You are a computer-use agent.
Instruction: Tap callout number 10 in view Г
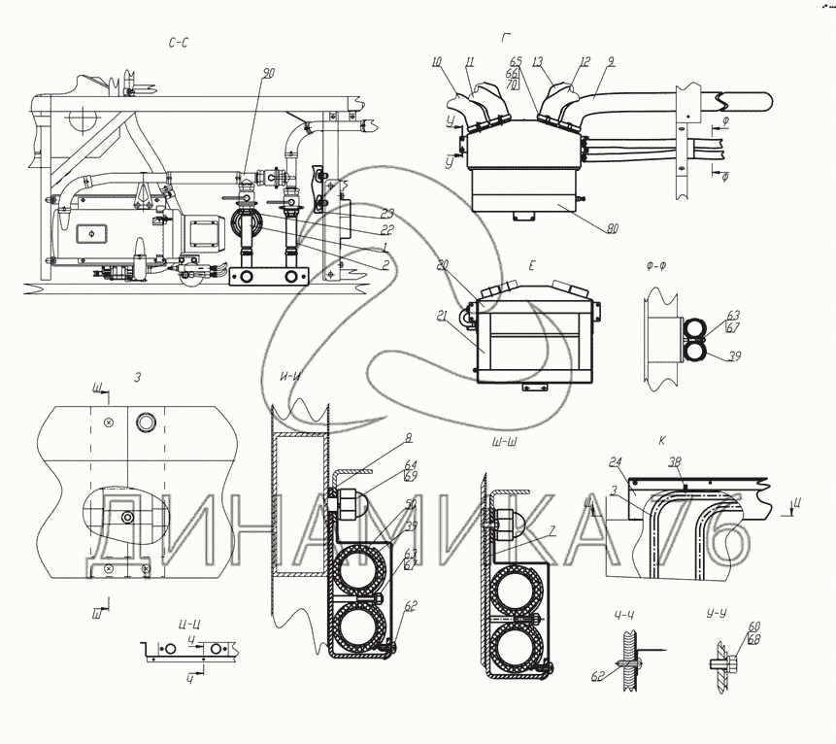437,62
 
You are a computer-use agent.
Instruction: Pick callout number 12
585,62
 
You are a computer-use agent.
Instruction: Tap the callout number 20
443,264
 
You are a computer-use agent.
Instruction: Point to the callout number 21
443,316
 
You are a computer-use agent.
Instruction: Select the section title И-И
288,377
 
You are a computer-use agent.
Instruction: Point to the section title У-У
720,614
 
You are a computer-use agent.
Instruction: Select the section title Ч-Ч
624,614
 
